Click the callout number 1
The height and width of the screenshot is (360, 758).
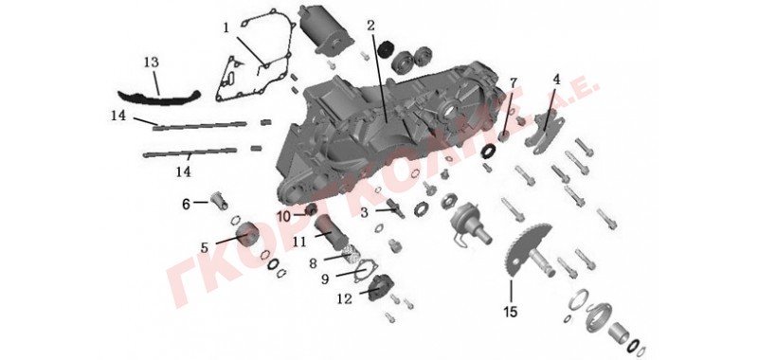pos(226,28)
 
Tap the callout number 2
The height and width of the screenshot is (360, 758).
pos(370,26)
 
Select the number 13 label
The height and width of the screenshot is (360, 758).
pos(152,63)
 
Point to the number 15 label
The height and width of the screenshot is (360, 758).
pos(510,312)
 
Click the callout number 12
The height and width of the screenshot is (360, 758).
pos(345,299)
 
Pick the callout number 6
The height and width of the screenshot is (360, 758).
pos(186,205)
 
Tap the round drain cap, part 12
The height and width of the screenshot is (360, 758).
pos(381,286)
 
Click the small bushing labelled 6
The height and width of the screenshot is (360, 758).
pos(219,199)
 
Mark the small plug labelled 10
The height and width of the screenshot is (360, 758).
pos(311,209)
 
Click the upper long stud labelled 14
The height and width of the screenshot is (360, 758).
pos(201,126)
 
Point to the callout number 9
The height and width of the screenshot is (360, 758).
pos(325,279)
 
